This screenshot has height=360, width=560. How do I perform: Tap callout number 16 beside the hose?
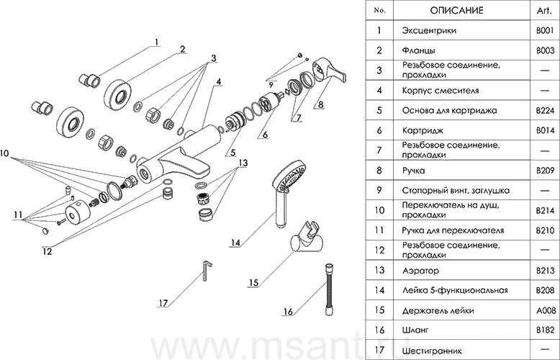[x=289, y=312]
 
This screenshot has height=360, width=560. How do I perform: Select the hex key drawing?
[x=205, y=271]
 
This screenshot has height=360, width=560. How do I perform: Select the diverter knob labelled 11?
[x=77, y=215]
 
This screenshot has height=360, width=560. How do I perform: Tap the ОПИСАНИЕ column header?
[x=456, y=11]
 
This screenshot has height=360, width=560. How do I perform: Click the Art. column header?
[x=543, y=11]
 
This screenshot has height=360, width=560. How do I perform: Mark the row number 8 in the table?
[x=379, y=171]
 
